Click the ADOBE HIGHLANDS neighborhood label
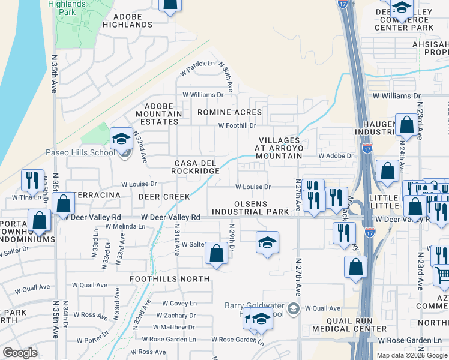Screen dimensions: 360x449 click(127, 20)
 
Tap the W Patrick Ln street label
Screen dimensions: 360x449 click(198, 64)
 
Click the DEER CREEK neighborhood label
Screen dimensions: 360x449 click(164, 197)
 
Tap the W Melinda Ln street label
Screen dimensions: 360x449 click(125, 227)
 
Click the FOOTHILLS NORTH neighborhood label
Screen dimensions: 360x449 click(170, 279)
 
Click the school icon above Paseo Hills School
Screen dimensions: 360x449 click(121, 139)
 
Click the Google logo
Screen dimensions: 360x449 click(20, 353)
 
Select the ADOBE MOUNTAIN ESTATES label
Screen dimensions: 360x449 click(158, 113)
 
